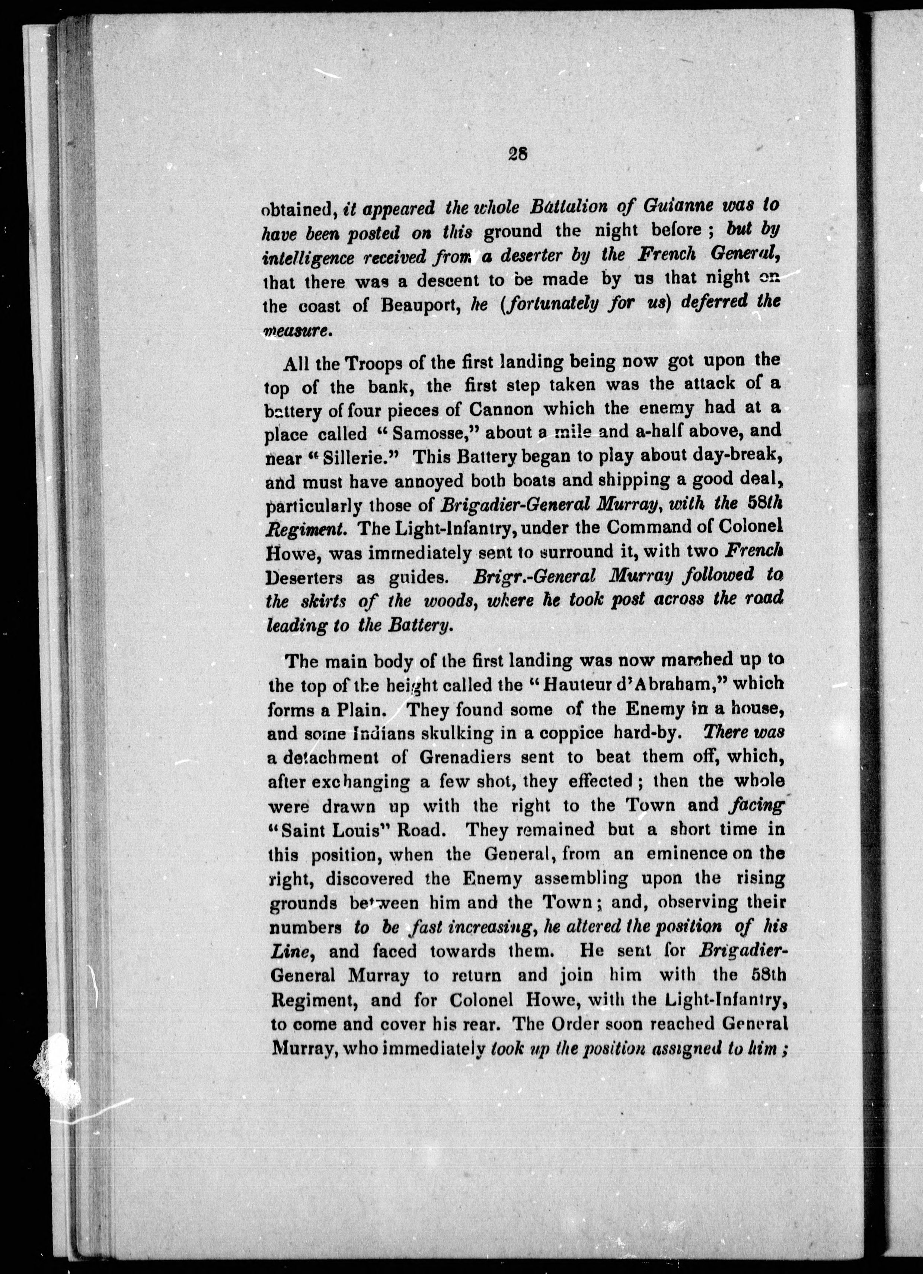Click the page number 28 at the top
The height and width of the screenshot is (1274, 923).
[516, 154]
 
